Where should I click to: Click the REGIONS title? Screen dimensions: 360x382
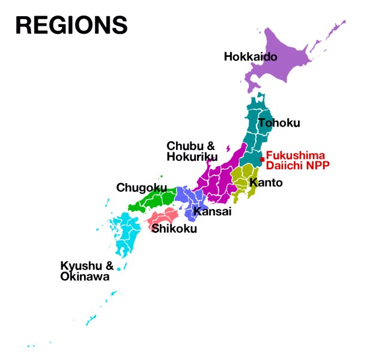click(71, 25)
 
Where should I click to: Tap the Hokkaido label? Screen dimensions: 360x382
click(250, 57)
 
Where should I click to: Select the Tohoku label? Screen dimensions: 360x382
click(279, 123)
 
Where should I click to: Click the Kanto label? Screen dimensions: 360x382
click(265, 182)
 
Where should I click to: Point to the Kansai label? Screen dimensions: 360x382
click(212, 212)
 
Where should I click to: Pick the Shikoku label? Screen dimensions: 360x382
click(174, 228)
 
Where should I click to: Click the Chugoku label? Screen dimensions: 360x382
click(141, 188)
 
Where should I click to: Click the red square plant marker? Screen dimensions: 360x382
click(262, 159)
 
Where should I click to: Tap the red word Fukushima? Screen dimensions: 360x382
click(296, 155)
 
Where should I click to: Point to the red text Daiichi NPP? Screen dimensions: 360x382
click(298, 165)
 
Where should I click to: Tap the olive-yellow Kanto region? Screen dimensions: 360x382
click(243, 180)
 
